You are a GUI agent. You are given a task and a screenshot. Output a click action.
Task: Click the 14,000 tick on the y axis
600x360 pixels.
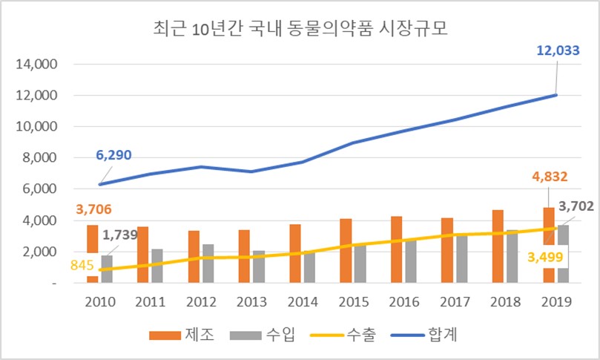point(38,65)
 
